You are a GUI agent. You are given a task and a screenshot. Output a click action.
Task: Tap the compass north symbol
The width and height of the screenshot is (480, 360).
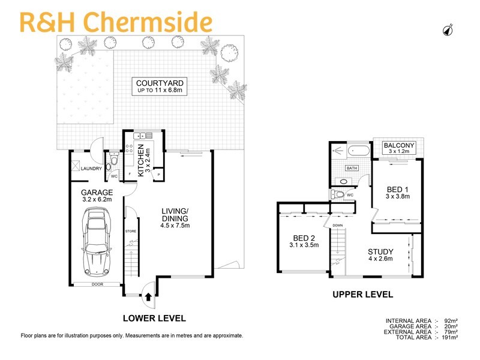tap(448, 29)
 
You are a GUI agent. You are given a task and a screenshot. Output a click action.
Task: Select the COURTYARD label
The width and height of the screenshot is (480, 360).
tap(159, 83)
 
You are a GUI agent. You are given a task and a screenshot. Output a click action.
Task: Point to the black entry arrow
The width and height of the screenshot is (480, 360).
tap(149, 295)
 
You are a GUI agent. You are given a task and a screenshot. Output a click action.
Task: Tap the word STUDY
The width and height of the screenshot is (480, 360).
tap(381, 251)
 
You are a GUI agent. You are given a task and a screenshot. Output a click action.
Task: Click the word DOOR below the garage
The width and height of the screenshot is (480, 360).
tap(96, 285)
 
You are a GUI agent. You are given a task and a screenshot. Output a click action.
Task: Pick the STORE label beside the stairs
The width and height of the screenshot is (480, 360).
tap(131, 231)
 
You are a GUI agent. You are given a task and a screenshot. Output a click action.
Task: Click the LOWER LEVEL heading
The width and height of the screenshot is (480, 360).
tap(154, 318)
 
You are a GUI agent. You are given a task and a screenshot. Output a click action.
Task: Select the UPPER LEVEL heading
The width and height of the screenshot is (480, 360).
tap(363, 295)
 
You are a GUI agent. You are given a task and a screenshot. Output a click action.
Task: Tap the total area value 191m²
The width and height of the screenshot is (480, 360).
tap(450, 338)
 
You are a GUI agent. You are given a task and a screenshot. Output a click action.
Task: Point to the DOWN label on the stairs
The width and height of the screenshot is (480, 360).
tap(337, 226)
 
